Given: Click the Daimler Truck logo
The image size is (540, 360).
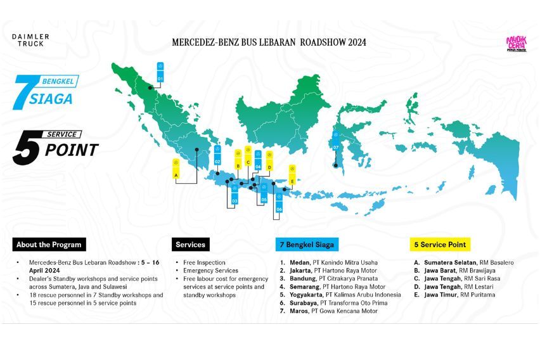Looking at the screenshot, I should click(x=30, y=40).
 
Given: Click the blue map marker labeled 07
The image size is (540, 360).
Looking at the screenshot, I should click(x=336, y=142).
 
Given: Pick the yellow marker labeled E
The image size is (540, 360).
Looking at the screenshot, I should click(x=292, y=176).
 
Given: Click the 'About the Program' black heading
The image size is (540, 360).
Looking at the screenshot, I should click(x=48, y=244).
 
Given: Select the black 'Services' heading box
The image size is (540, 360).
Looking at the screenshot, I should click(x=190, y=244).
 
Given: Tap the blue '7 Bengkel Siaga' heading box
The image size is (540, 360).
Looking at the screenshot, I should click(x=306, y=244).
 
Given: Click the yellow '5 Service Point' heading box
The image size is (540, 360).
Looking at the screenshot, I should click(x=440, y=244).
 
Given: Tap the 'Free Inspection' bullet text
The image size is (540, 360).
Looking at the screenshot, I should click(x=203, y=262).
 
